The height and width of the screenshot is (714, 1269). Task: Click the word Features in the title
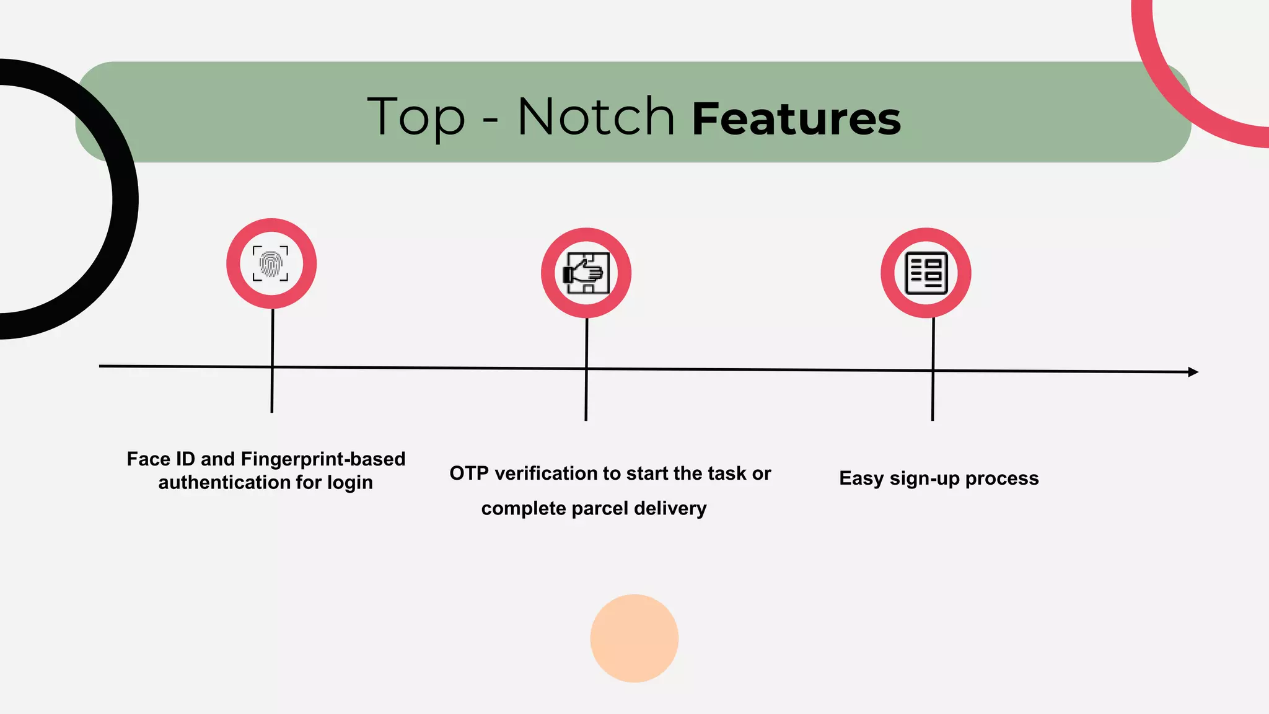[x=796, y=119]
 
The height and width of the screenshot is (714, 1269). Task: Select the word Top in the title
[x=416, y=118]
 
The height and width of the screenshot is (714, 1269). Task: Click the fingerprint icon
[x=271, y=263]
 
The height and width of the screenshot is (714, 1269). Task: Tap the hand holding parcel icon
[x=586, y=273]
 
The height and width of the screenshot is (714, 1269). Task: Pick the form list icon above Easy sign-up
[x=926, y=273]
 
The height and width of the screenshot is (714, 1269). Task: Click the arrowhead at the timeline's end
[x=1193, y=372]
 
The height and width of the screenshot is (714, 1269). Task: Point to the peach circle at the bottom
[x=634, y=638]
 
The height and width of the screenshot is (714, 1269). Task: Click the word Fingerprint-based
[x=323, y=459]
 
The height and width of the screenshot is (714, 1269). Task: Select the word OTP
[x=469, y=474]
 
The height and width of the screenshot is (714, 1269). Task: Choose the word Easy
[x=861, y=478]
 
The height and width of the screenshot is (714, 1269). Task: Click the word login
[x=350, y=483]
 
